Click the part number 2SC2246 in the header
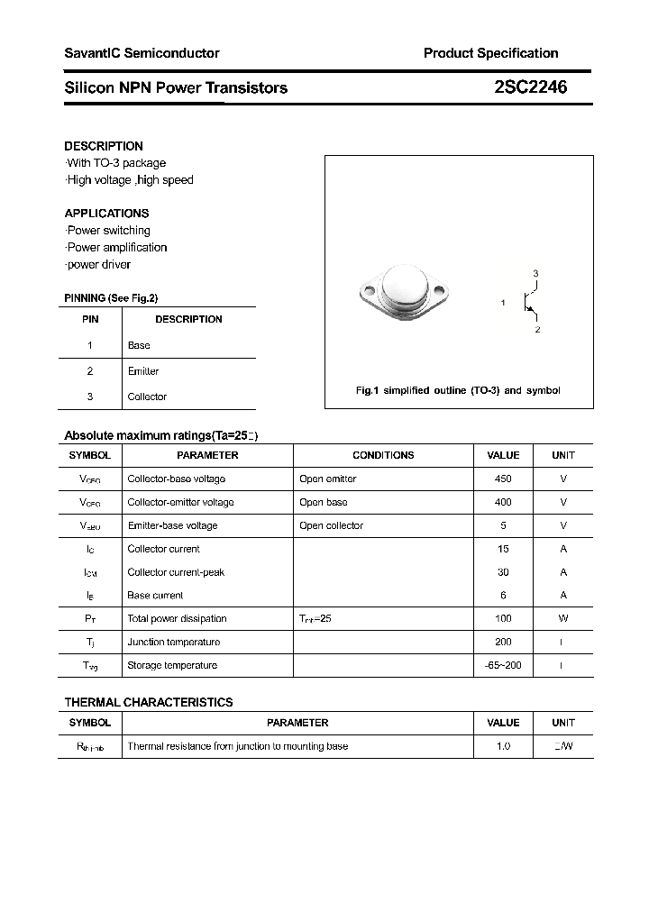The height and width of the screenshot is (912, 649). (530, 87)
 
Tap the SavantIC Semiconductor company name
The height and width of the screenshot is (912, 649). (142, 53)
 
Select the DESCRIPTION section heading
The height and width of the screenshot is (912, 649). (104, 146)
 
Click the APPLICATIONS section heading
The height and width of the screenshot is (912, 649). (106, 214)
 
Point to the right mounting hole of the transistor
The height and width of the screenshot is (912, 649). (441, 292)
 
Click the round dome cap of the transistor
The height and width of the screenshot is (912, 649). (404, 287)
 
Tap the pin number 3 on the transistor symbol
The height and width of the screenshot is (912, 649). (535, 273)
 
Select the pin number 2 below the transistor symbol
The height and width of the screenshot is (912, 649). (537, 330)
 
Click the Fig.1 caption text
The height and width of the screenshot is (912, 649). (458, 390)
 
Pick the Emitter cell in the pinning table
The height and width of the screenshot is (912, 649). (143, 371)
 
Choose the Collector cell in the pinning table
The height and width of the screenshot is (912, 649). (147, 397)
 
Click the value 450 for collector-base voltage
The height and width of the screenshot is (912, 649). (503, 479)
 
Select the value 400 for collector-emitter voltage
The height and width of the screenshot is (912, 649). (503, 502)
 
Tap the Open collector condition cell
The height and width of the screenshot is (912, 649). (331, 525)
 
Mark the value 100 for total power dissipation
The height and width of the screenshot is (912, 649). (503, 618)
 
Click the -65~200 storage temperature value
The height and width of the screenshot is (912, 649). (503, 665)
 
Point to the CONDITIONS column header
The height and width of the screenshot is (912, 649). (383, 455)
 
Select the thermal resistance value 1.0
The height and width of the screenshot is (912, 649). (503, 746)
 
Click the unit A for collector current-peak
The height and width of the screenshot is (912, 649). (563, 572)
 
